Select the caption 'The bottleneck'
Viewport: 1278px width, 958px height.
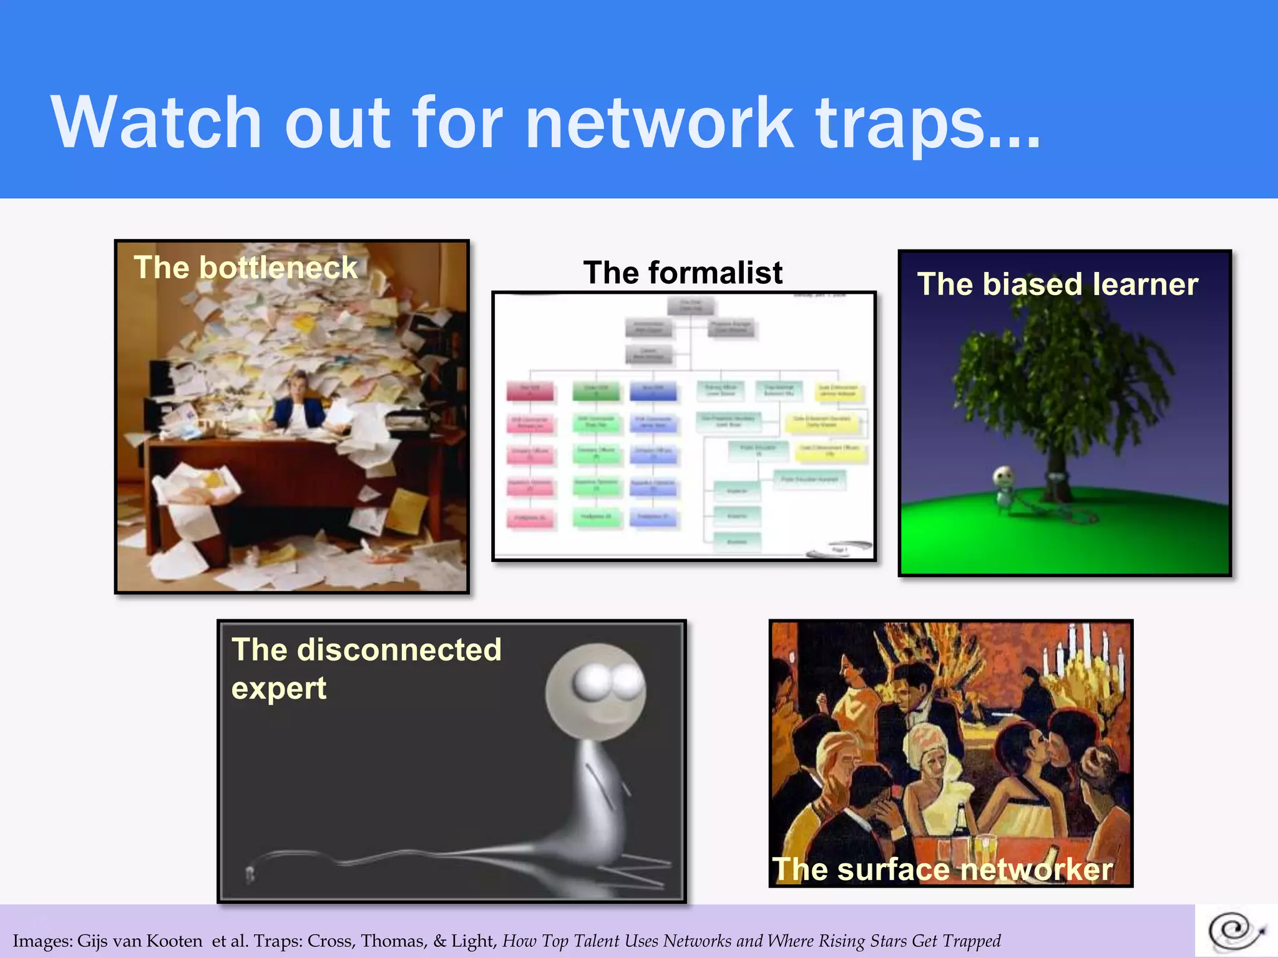pos(245,268)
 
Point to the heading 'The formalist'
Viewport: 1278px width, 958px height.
pos(683,273)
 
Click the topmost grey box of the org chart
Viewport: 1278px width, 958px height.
pos(690,306)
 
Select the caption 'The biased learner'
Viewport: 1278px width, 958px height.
pos(1057,284)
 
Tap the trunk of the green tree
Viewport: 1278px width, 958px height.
pos(1057,474)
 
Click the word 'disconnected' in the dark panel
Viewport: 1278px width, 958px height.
pos(399,649)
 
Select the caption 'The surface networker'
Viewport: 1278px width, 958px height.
pos(942,869)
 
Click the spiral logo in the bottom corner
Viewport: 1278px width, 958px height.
pos(1236,931)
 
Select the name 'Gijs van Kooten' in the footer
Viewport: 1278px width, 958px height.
pos(140,941)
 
